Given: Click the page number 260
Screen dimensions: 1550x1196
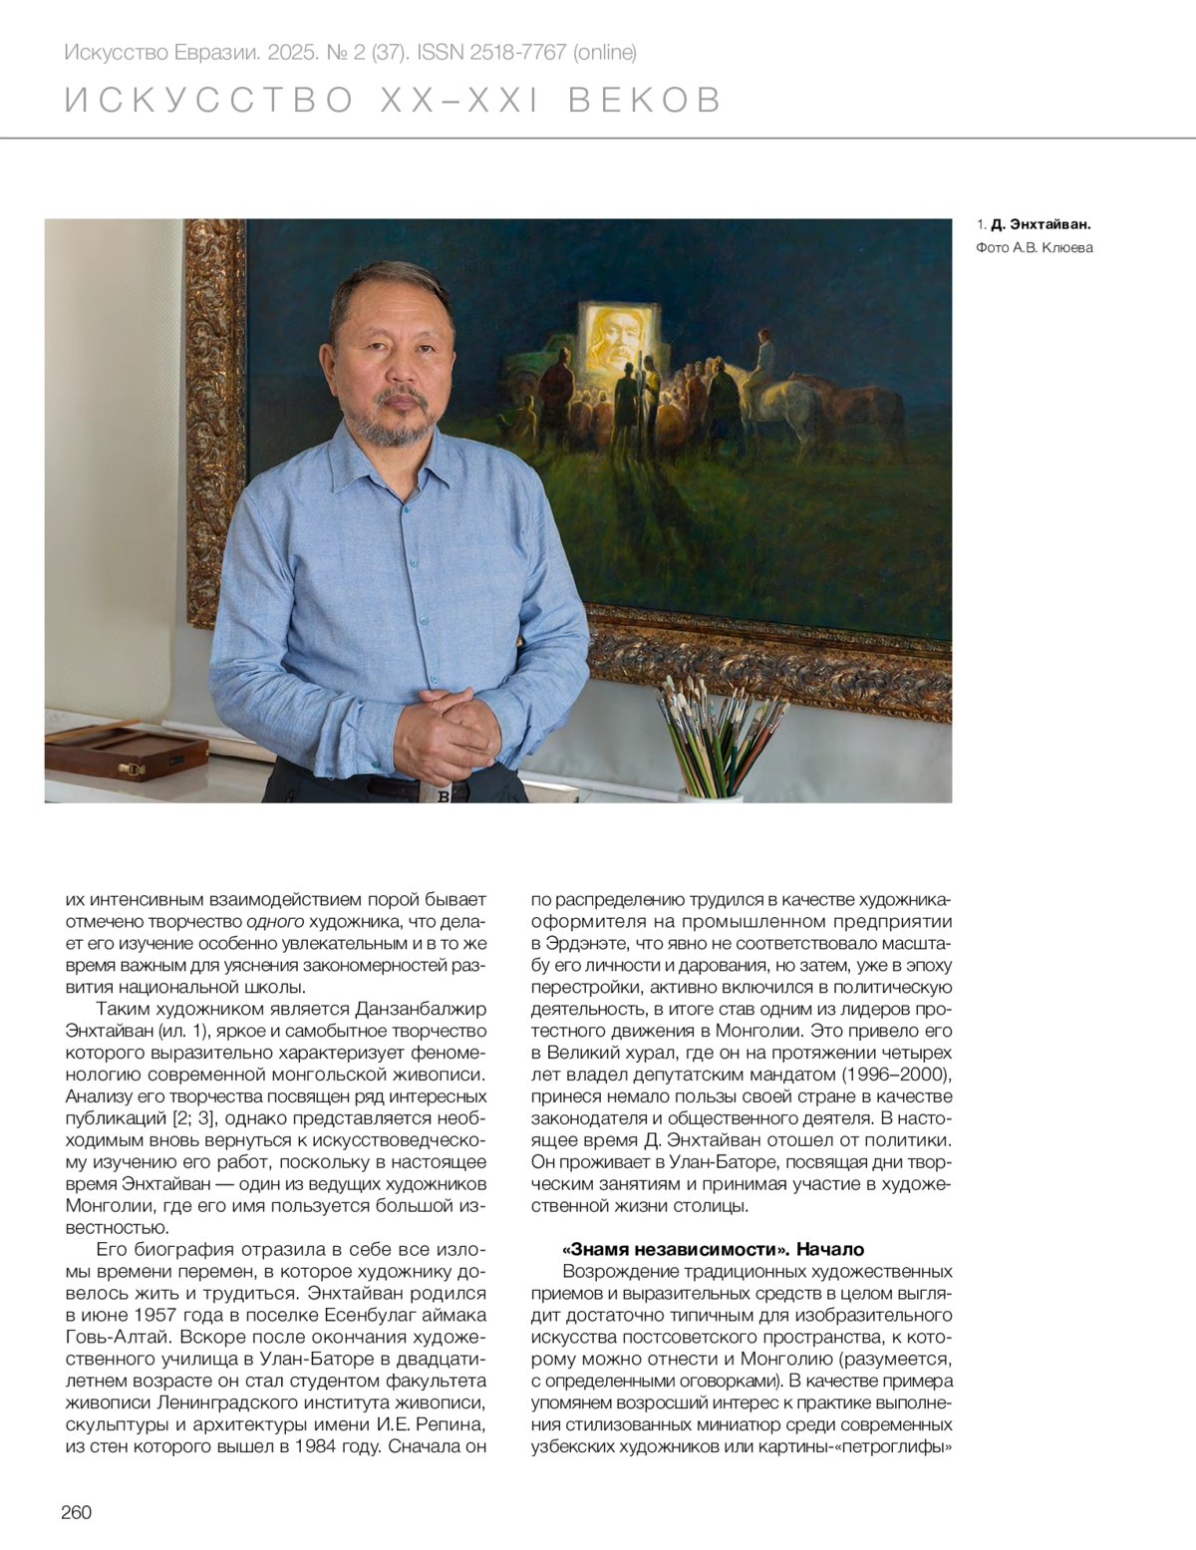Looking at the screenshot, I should [x=76, y=1512].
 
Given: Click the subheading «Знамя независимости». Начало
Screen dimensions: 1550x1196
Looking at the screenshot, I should [x=713, y=1249].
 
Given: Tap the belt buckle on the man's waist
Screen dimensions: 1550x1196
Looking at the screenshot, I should [x=444, y=795].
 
